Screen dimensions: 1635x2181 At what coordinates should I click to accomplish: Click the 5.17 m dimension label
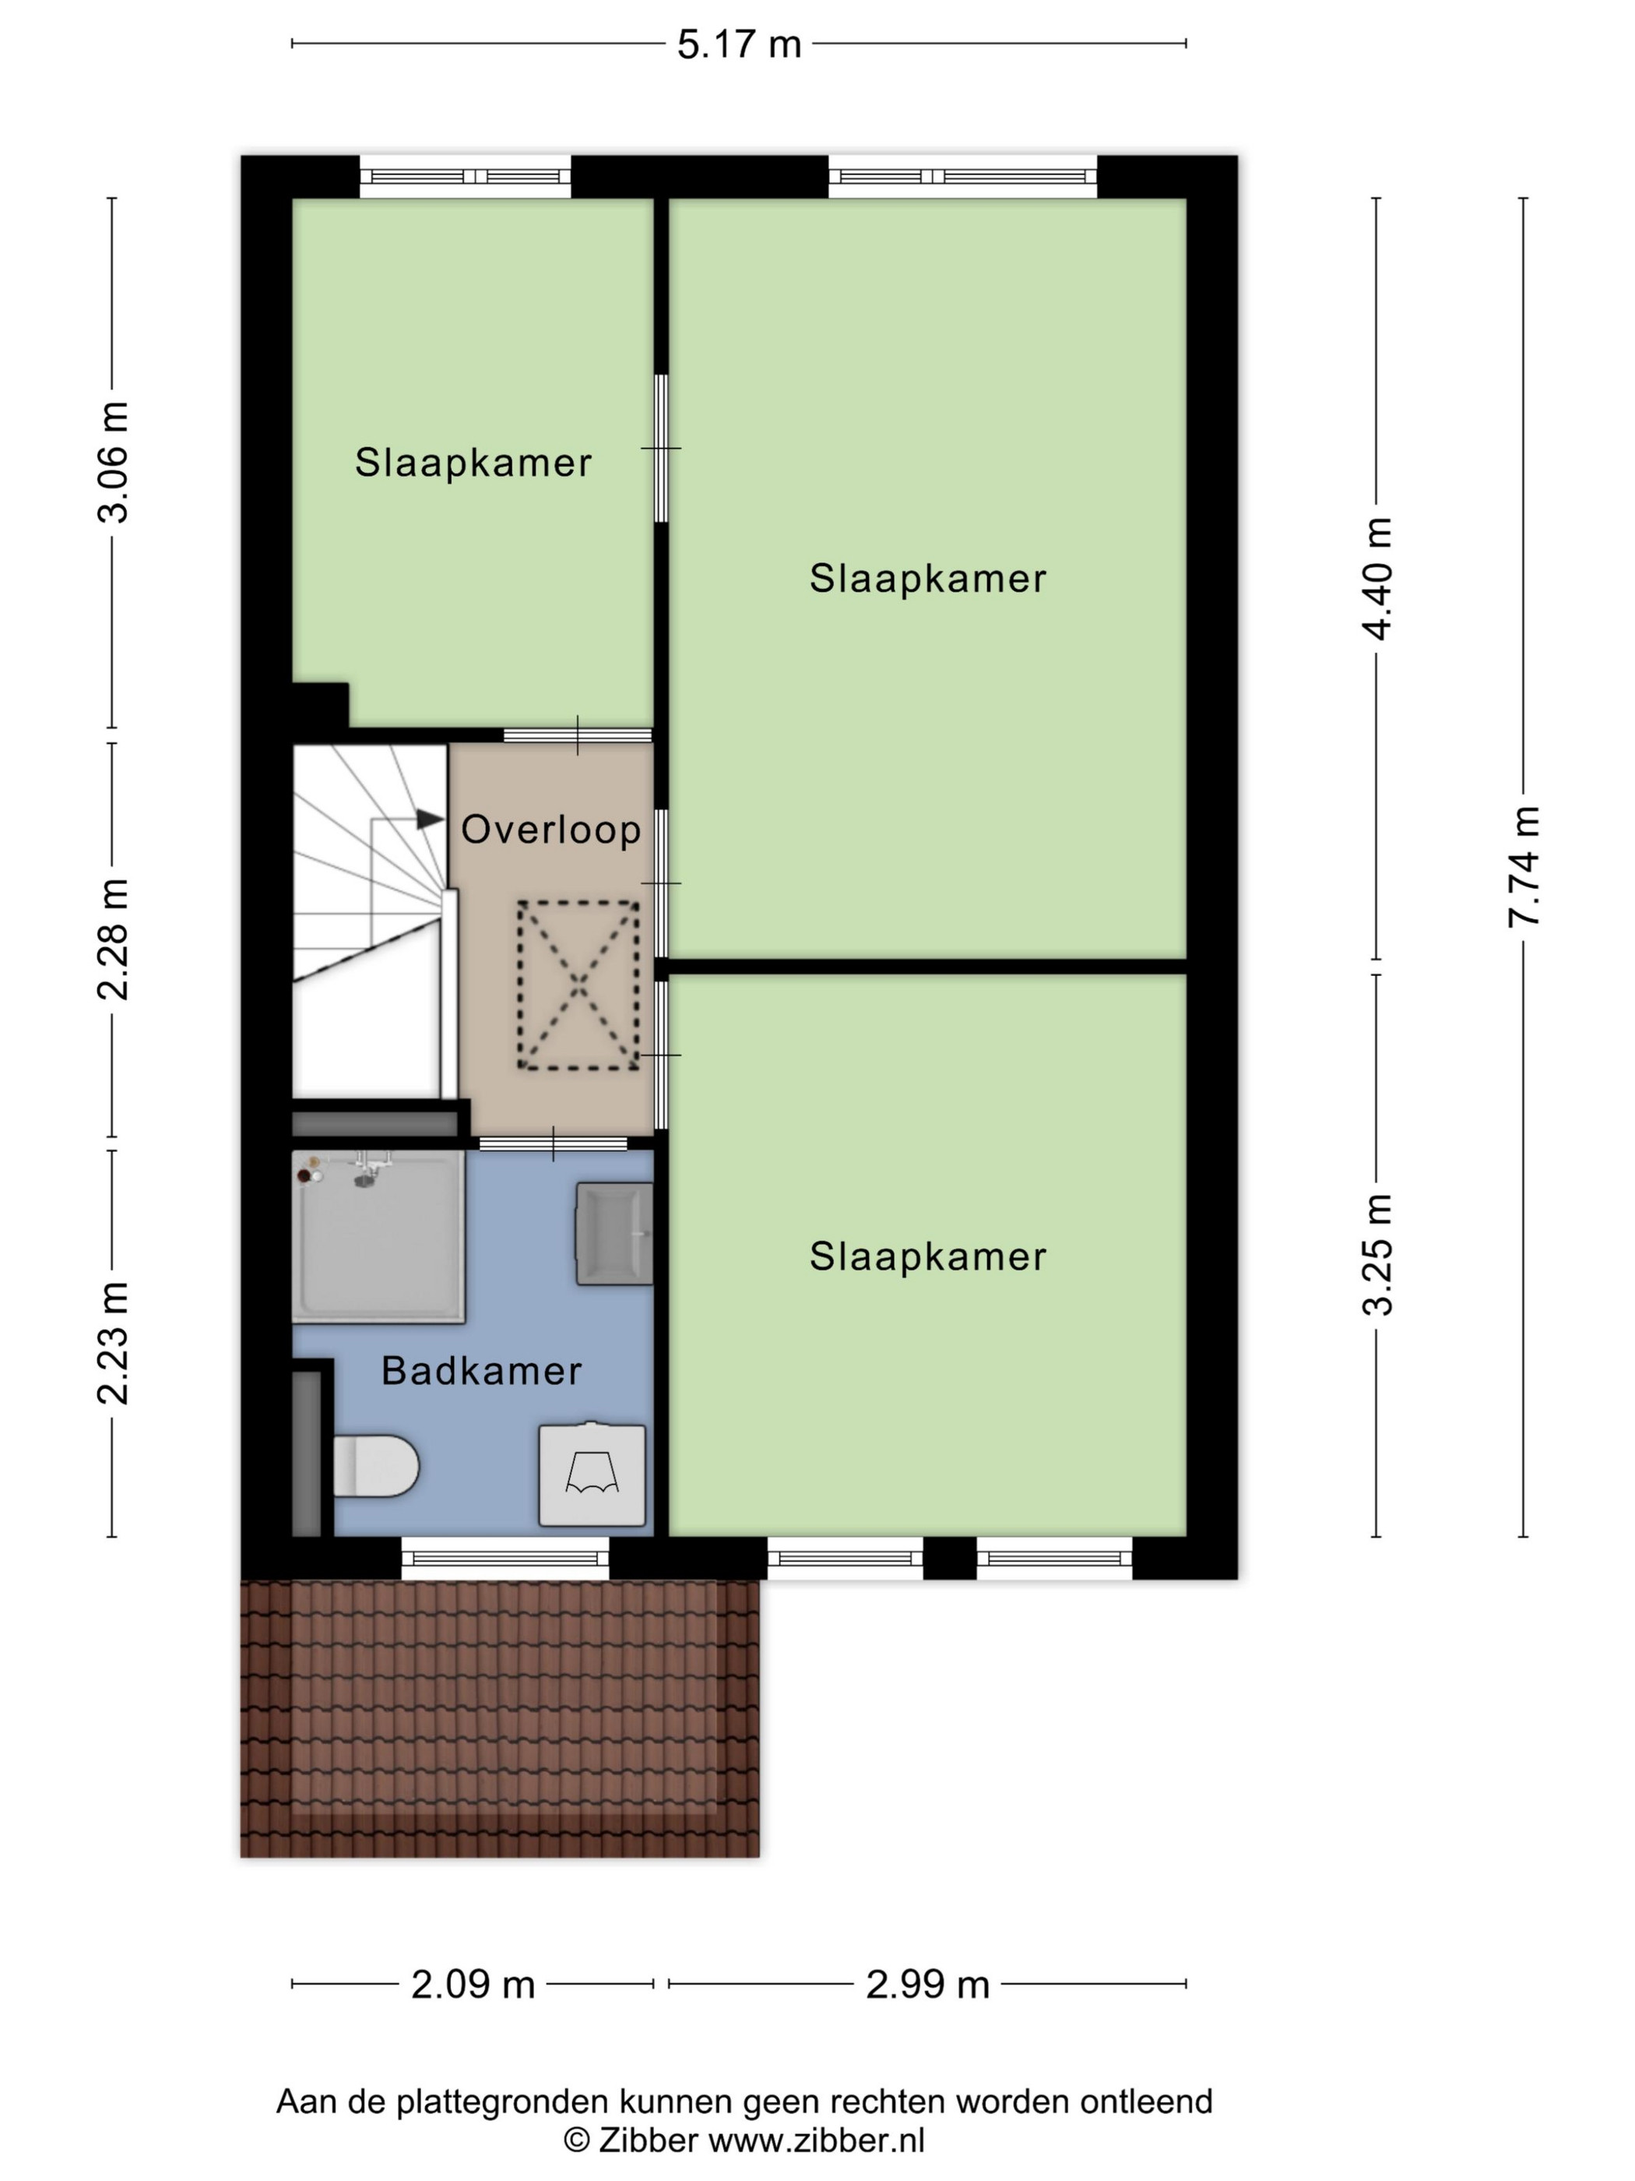point(738,44)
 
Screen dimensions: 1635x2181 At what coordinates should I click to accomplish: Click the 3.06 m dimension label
point(112,461)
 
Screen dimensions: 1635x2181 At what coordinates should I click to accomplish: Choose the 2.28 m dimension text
point(112,939)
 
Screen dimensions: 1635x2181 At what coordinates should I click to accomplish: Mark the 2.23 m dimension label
point(112,1343)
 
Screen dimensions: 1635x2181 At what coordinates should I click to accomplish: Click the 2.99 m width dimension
point(927,1984)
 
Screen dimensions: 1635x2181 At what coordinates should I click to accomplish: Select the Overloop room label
point(551,830)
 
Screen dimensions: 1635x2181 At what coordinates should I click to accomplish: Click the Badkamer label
point(482,1370)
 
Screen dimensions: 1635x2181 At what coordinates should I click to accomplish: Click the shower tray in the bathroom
point(378,1236)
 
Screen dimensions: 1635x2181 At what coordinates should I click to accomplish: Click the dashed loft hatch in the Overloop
point(578,985)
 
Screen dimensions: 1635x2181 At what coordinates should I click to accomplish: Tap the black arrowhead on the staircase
point(430,819)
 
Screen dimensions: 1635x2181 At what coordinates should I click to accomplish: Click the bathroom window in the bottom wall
point(505,1559)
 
